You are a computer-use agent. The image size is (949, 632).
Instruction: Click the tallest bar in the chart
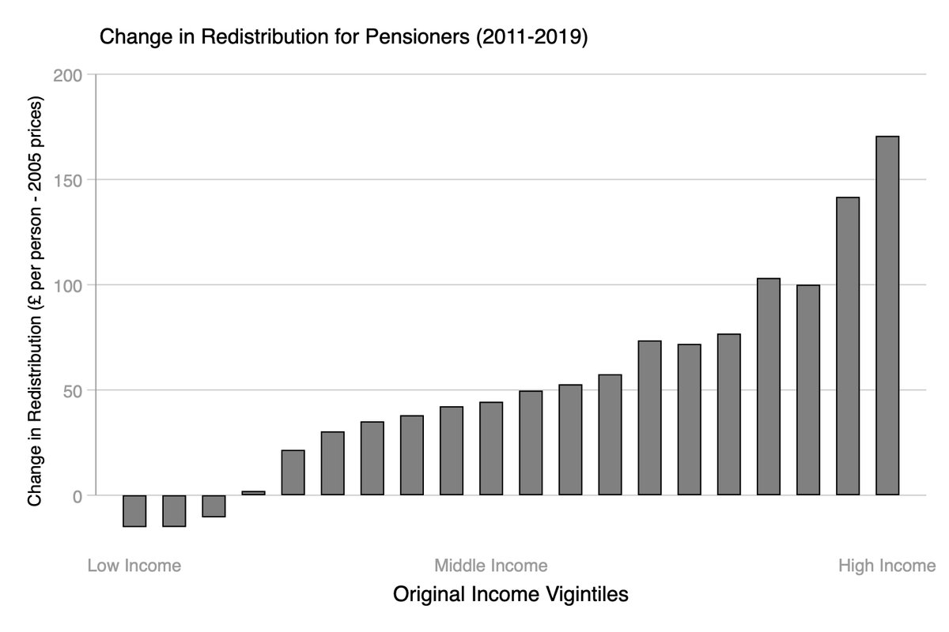(887, 316)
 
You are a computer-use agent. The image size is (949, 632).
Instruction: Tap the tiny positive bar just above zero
(253, 493)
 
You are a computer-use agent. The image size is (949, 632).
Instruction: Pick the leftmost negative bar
(134, 510)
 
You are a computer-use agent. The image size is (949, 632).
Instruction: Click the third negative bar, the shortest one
(214, 506)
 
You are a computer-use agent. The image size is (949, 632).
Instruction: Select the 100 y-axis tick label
(68, 285)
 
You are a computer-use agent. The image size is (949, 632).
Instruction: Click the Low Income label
(134, 566)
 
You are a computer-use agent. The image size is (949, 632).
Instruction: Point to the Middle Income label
(490, 566)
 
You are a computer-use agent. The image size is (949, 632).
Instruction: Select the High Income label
(887, 566)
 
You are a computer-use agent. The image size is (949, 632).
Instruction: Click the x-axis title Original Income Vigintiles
(510, 594)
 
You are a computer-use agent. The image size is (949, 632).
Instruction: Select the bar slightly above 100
(768, 386)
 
